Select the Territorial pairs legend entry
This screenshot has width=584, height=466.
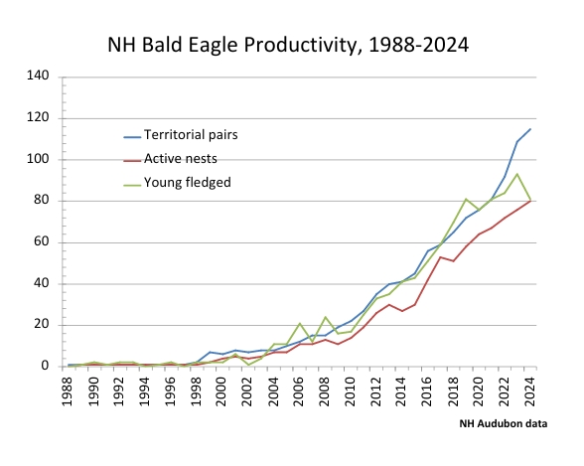pyautogui.click(x=181, y=135)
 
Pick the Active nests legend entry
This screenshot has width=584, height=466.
pyautogui.click(x=170, y=159)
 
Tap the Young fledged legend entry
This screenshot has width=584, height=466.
pyautogui.click(x=177, y=183)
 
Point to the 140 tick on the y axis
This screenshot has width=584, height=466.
pyautogui.click(x=38, y=76)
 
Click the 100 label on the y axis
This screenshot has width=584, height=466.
pyautogui.click(x=38, y=159)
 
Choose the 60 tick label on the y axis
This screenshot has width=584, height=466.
pyautogui.click(x=42, y=241)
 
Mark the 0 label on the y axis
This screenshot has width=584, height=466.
pyautogui.click(x=45, y=366)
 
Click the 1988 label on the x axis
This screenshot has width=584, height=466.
pyautogui.click(x=68, y=391)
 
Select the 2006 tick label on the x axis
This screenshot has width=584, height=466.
pyautogui.click(x=299, y=391)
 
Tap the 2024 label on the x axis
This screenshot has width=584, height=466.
pyautogui.click(x=530, y=391)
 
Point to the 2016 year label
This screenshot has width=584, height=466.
pyautogui.click(x=427, y=391)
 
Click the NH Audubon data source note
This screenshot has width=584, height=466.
pyautogui.click(x=504, y=424)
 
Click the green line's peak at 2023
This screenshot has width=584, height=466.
pyautogui.click(x=516, y=174)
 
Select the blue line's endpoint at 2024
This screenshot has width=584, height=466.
pyautogui.click(x=530, y=129)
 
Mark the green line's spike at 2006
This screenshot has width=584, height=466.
pyautogui.click(x=300, y=323)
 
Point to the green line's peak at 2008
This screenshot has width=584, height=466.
pyautogui.click(x=325, y=317)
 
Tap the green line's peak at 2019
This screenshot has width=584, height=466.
pyautogui.click(x=466, y=199)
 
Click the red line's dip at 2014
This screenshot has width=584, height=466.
pyautogui.click(x=402, y=311)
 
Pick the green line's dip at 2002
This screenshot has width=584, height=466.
pyautogui.click(x=248, y=365)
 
